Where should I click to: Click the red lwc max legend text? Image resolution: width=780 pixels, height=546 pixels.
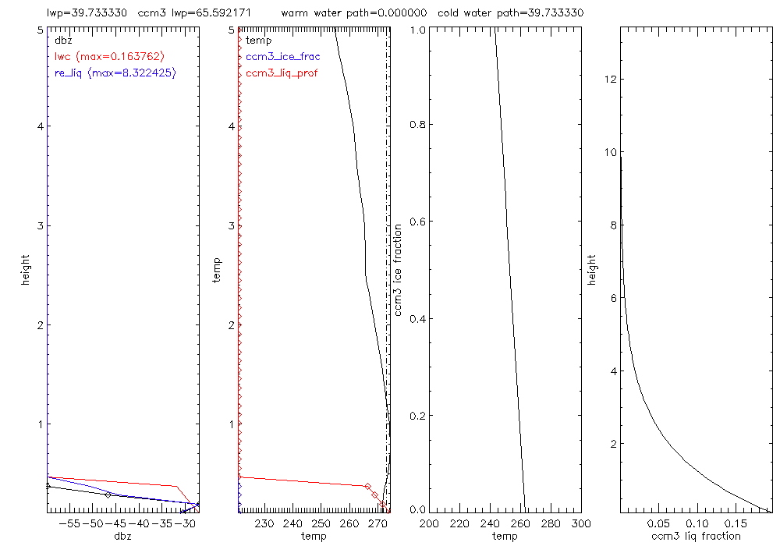click(x=109, y=56)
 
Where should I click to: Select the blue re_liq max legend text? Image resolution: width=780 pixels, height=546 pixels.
click(x=115, y=73)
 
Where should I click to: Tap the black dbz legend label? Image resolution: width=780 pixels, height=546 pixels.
click(x=62, y=40)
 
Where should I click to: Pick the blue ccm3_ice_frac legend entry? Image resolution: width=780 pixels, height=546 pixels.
click(x=282, y=56)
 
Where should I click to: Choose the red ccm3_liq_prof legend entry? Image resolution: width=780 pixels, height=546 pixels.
click(x=282, y=73)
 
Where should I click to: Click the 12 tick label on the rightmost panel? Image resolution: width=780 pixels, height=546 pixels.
click(x=610, y=80)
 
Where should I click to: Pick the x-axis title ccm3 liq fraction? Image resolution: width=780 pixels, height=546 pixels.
click(x=696, y=536)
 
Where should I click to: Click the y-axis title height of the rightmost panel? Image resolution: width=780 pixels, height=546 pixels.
click(x=594, y=270)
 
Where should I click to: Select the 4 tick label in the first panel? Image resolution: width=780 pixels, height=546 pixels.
click(x=39, y=127)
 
